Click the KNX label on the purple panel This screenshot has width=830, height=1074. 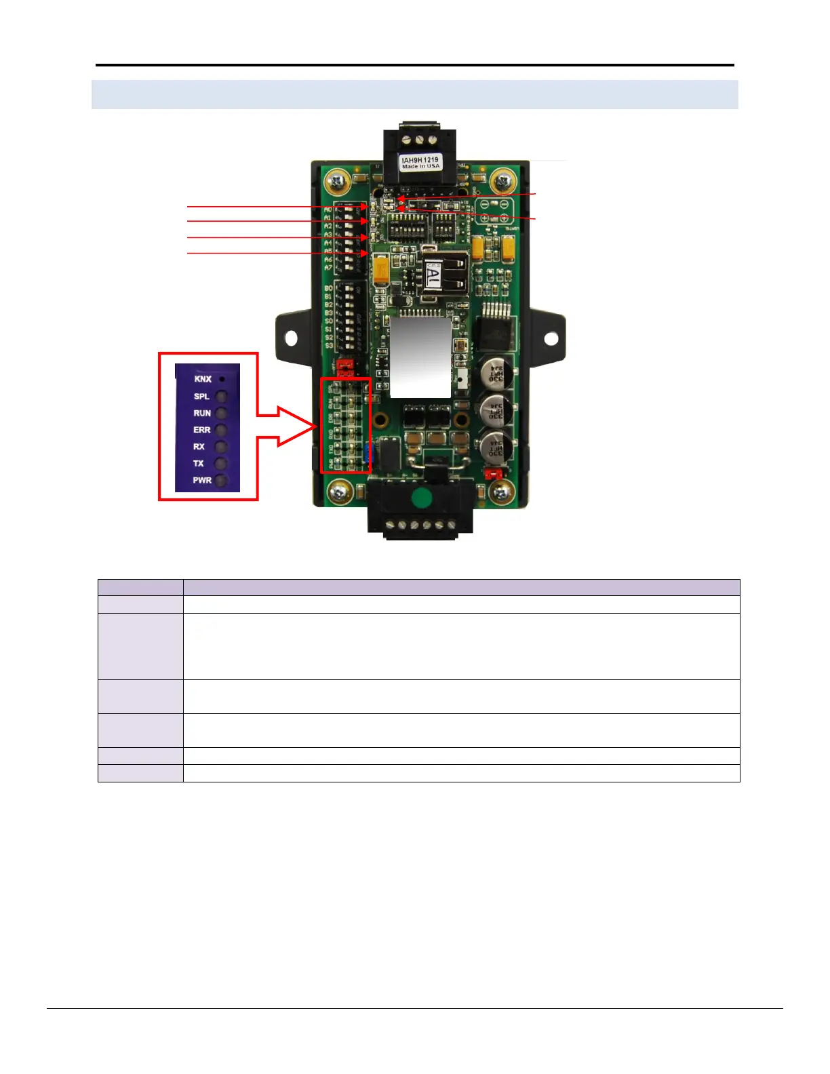pyautogui.click(x=203, y=379)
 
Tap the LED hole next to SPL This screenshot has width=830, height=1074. pyautogui.click(x=222, y=397)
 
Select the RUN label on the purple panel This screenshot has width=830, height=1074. pyautogui.click(x=202, y=413)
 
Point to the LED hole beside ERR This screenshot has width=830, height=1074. pyautogui.click(x=222, y=430)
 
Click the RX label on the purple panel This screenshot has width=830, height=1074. pyautogui.click(x=199, y=447)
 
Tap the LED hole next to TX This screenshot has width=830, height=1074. pyautogui.click(x=222, y=464)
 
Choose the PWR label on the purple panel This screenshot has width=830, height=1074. pyautogui.click(x=202, y=480)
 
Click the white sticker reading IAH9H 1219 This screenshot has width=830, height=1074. pyautogui.click(x=420, y=163)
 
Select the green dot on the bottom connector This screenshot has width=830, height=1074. pyautogui.click(x=421, y=498)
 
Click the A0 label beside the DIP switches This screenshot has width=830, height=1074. pyautogui.click(x=328, y=210)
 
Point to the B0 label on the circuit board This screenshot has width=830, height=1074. pyautogui.click(x=328, y=289)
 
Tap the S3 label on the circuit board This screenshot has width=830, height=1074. pyautogui.click(x=328, y=346)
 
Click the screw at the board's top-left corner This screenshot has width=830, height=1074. pyautogui.click(x=336, y=181)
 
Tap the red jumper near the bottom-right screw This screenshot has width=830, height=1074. pyautogui.click(x=493, y=472)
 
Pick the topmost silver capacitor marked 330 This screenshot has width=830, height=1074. pyautogui.click(x=497, y=373)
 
